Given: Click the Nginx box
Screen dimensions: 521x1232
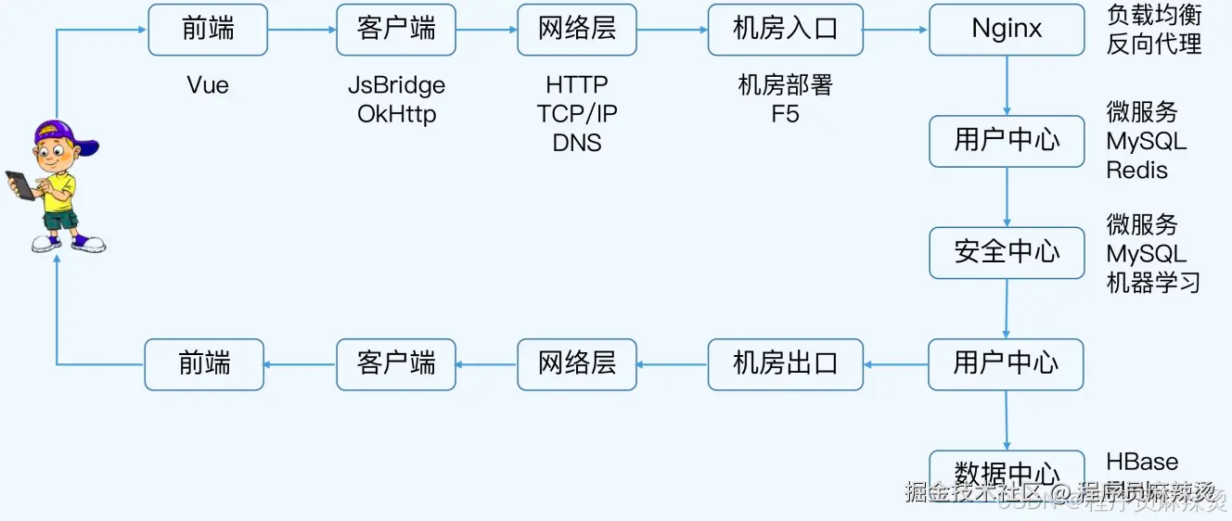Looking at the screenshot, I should pyautogui.click(x=1007, y=30).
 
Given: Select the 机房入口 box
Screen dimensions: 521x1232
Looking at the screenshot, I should pyautogui.click(x=785, y=30).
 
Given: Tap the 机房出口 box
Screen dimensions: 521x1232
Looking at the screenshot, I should pyautogui.click(x=785, y=363).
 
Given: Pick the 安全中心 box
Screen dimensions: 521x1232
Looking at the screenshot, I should pyautogui.click(x=1007, y=252).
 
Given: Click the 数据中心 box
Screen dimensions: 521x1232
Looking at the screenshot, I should pyautogui.click(x=1007, y=471).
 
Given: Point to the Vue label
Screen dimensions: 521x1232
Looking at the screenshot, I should pyautogui.click(x=208, y=85).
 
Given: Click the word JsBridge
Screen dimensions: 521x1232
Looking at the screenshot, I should pyautogui.click(x=396, y=85).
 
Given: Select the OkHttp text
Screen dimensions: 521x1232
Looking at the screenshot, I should pyautogui.click(x=396, y=114).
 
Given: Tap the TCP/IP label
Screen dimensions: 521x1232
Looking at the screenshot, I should pyautogui.click(x=577, y=114).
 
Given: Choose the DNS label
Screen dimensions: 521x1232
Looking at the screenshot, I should pyautogui.click(x=577, y=143).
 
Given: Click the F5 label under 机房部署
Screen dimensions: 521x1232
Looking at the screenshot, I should pyautogui.click(x=785, y=114).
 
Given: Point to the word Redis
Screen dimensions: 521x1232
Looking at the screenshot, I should pyautogui.click(x=1136, y=171).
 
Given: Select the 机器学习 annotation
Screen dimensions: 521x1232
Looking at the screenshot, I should pyautogui.click(x=1153, y=283).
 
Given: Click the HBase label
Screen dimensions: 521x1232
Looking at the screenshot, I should pyautogui.click(x=1142, y=462).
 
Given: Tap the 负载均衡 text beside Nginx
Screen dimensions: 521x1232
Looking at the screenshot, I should pyautogui.click(x=1153, y=15).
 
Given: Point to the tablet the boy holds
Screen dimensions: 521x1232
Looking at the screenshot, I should pyautogui.click(x=19, y=184).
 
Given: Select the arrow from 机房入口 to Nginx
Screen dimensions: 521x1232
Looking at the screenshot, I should pyautogui.click(x=895, y=30).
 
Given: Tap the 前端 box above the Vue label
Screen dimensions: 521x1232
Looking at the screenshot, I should pyautogui.click(x=208, y=30).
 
